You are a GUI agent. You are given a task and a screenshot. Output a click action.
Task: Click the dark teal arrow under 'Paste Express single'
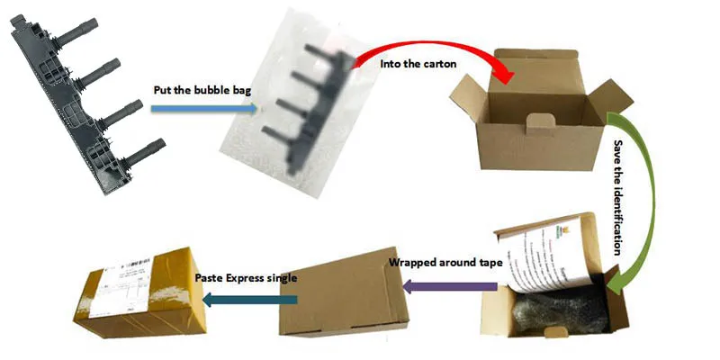click(244, 298)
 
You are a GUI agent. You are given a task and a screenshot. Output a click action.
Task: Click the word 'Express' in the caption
click(245, 276)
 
